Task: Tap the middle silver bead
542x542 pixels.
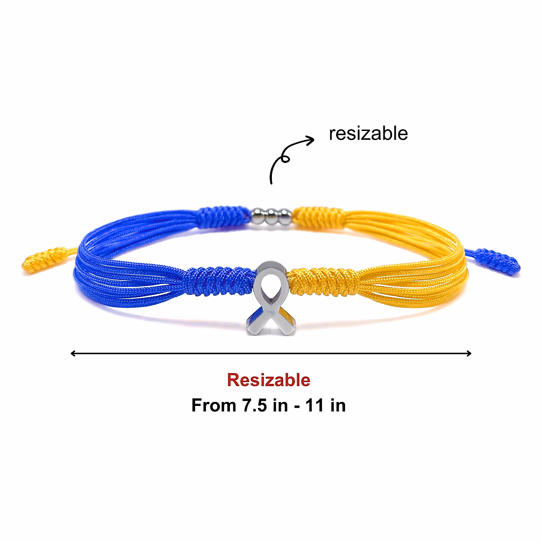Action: pos(272,217)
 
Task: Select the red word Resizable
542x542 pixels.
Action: pos(269,380)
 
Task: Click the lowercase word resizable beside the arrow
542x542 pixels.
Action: pos(368,134)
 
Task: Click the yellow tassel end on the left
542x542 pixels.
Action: pos(43,260)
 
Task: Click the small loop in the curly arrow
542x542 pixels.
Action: pos(285,158)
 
